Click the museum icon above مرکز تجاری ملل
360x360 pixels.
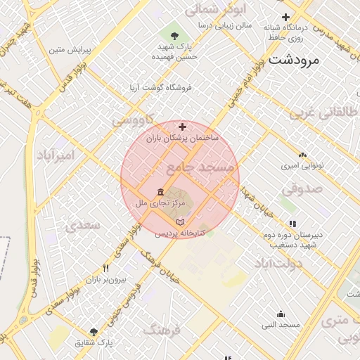click(x=161, y=192)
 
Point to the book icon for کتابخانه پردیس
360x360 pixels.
click(x=180, y=221)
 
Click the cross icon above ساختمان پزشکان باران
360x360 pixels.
click(x=183, y=127)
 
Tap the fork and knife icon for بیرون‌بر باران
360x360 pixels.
click(x=106, y=268)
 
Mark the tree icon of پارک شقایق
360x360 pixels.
click(x=94, y=332)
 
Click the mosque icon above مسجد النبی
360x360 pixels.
click(x=281, y=314)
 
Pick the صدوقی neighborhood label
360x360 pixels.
click(x=304, y=188)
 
